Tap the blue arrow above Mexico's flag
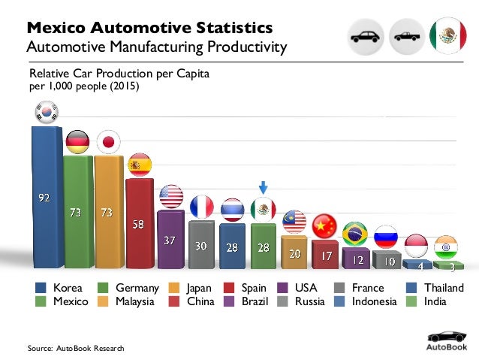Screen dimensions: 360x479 click(x=264, y=186)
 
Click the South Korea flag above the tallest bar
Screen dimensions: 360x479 click(x=44, y=113)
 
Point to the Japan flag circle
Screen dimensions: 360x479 click(x=110, y=142)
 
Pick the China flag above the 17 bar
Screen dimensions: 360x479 click(x=324, y=225)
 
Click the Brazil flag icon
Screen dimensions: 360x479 click(x=354, y=233)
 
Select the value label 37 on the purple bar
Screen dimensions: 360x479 click(x=170, y=241)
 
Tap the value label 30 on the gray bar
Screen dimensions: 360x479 click(x=201, y=246)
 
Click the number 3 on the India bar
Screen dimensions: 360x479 click(x=452, y=266)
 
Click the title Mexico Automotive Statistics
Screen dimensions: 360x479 click(x=149, y=29)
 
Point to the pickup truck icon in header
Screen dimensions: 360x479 click(x=408, y=35)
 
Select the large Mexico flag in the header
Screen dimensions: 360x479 click(x=447, y=35)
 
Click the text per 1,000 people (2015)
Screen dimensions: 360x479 click(x=84, y=86)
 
